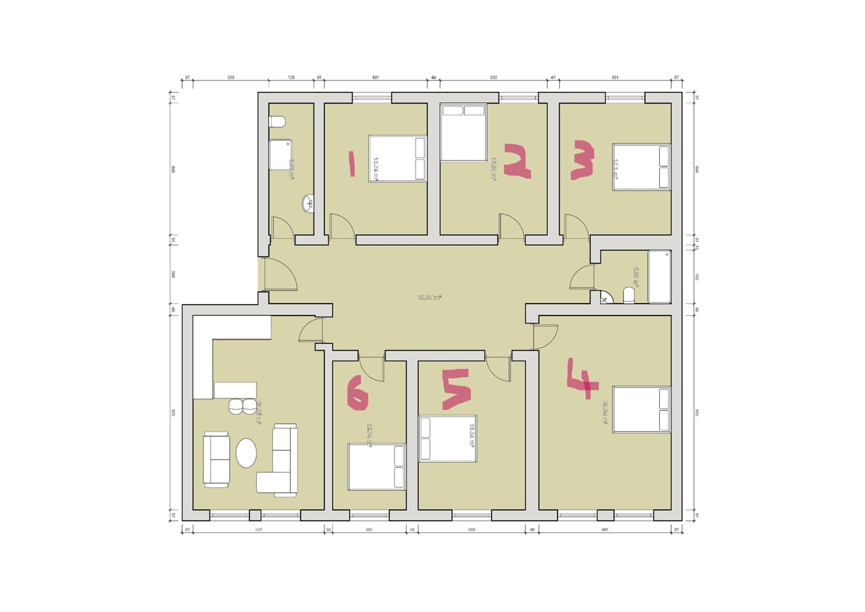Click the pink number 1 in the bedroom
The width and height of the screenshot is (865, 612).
click(x=351, y=164)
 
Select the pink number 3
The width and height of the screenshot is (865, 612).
click(x=583, y=161)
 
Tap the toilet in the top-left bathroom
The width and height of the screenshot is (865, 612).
click(x=277, y=122)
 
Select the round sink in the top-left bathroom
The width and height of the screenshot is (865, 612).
click(x=307, y=204)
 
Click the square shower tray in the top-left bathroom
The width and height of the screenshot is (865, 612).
click(x=280, y=155)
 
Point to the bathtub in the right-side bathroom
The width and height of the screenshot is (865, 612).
click(x=659, y=277)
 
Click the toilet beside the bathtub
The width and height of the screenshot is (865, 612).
click(x=629, y=295)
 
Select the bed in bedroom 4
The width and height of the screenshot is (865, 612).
click(x=641, y=409)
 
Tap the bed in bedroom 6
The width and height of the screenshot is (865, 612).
click(x=377, y=467)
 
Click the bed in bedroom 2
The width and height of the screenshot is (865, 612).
click(x=463, y=133)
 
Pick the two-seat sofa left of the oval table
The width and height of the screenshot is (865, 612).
click(x=216, y=459)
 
